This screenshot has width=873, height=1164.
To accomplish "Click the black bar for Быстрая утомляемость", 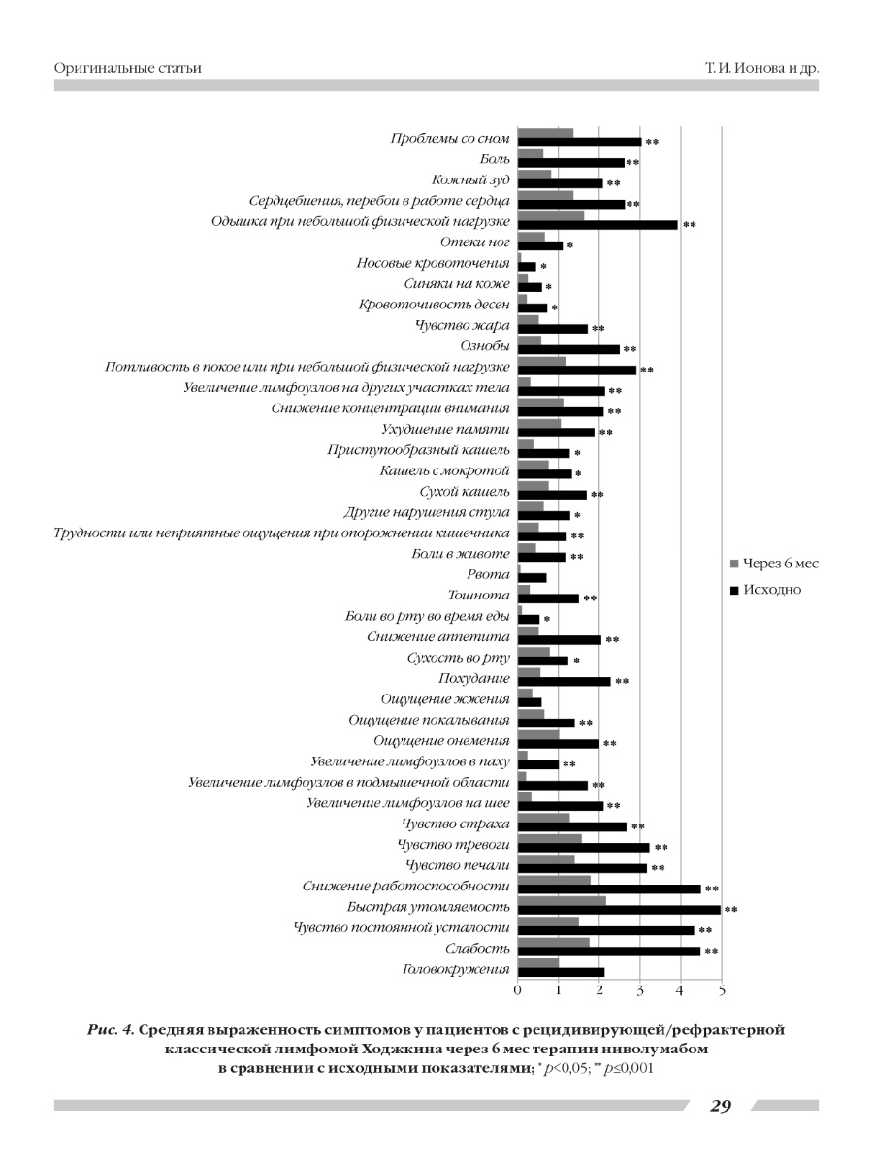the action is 619,910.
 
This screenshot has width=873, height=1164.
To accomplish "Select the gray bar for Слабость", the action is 553,942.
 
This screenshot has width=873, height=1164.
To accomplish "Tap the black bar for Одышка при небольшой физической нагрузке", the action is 598,225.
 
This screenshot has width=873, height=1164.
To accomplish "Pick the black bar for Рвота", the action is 533,578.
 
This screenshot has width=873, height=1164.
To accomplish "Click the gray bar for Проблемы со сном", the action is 545,133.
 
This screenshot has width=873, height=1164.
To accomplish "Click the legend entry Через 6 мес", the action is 774,564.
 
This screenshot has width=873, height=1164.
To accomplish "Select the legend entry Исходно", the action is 766,590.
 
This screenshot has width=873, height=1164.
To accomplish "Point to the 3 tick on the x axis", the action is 640,990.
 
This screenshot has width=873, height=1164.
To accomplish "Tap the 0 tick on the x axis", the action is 517,990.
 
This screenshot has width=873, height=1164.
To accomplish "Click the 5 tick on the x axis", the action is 722,990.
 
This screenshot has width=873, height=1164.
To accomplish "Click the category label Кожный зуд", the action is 470,179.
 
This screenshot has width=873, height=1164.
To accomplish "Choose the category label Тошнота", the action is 479,595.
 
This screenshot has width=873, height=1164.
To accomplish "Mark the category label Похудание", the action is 474,679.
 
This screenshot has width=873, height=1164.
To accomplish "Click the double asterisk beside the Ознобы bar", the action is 630,349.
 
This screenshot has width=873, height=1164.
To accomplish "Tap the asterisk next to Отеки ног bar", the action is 570,245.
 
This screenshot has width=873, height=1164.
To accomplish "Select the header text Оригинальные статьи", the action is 128,68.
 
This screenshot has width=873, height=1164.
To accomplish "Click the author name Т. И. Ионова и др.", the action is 761,69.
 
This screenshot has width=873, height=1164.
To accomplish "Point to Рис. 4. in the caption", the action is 111,1030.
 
